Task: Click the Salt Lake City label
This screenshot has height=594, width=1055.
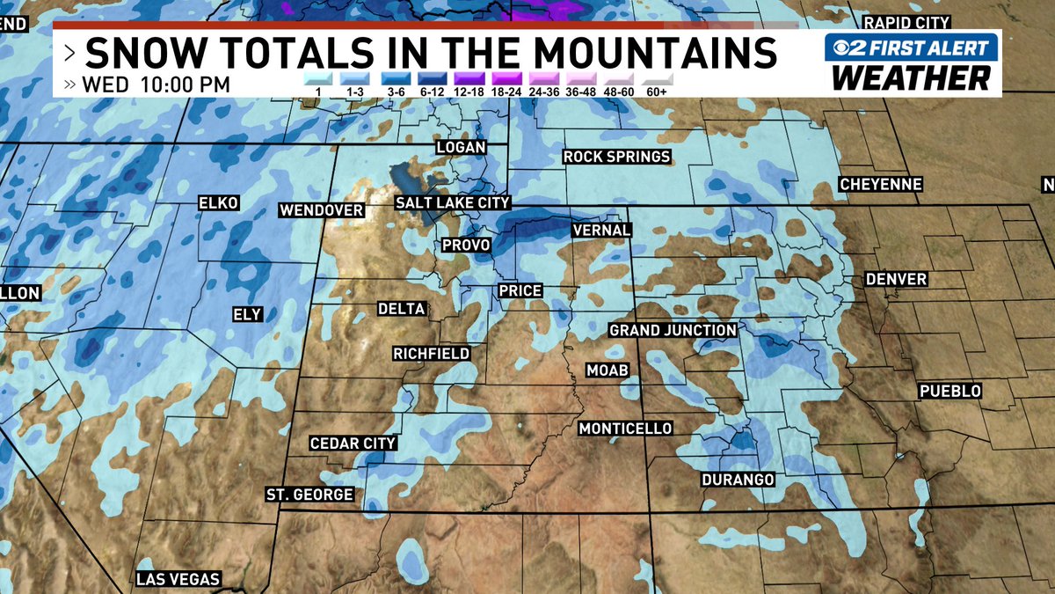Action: tap(452, 202)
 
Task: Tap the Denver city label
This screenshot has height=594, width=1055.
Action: tap(896, 279)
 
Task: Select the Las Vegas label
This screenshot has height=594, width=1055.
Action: tap(178, 580)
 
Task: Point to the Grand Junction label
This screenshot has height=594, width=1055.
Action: tap(673, 330)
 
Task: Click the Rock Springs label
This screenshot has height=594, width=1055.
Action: tap(617, 157)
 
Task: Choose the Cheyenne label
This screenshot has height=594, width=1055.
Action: tap(880, 185)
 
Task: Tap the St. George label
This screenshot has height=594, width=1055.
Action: tap(310, 495)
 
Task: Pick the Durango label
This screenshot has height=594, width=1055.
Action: tap(738, 480)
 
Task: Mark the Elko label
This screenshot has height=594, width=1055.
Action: tap(219, 203)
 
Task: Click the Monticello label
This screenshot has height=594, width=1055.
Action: tap(625, 429)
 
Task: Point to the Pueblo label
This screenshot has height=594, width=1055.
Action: tap(949, 391)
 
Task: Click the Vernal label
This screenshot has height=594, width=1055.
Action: tap(601, 230)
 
